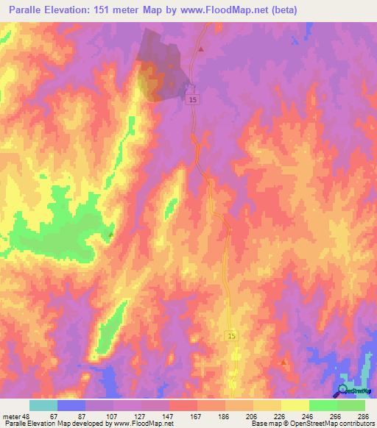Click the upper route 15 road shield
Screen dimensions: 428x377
(x=193, y=99)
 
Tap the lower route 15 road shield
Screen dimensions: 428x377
(x=231, y=335)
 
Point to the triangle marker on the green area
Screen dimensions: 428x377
(x=111, y=235)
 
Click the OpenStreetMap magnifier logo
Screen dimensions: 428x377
(x=342, y=390)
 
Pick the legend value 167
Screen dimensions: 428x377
(x=175, y=415)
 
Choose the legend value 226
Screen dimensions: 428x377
(x=258, y=415)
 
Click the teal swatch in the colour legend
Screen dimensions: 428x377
(x=43, y=405)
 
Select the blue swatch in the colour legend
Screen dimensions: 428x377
(x=71, y=405)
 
